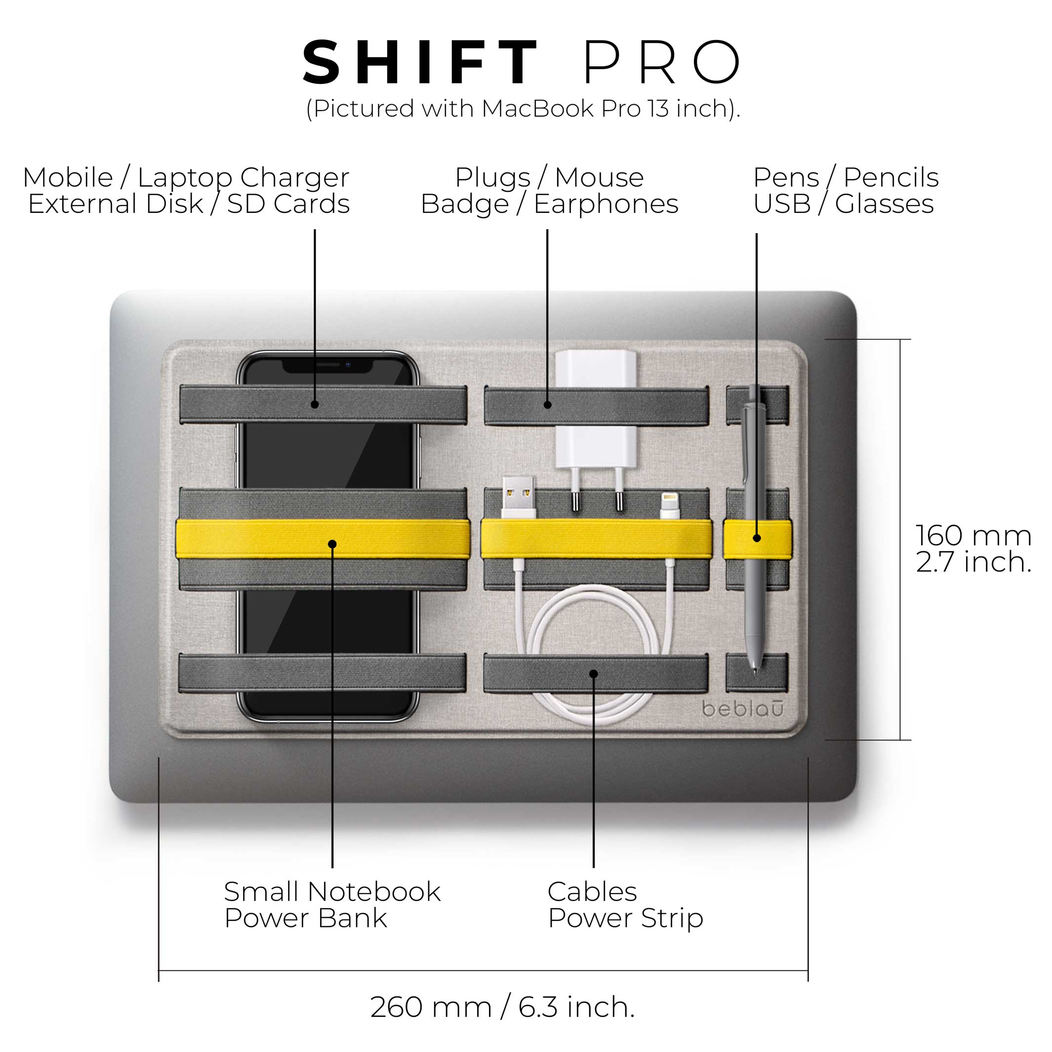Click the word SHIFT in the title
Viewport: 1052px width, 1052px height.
tap(420, 63)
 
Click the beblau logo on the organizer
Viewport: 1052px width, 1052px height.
tap(743, 709)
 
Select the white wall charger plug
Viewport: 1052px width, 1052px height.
tap(596, 414)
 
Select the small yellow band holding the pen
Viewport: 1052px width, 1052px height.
tap(757, 538)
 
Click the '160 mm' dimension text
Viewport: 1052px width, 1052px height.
tap(973, 536)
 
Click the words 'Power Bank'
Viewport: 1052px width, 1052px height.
tap(305, 918)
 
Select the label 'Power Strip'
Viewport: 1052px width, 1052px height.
tap(626, 918)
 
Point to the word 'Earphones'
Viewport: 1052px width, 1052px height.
tap(606, 204)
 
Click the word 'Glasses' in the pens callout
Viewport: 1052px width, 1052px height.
tap(884, 204)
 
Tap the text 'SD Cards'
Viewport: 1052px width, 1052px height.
tap(288, 204)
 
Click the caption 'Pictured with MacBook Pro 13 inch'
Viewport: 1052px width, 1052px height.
tap(523, 109)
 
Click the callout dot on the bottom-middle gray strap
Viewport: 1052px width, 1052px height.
tap(594, 674)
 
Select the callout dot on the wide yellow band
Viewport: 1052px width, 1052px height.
tap(332, 544)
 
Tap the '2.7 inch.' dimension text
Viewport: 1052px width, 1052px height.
tap(973, 562)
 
